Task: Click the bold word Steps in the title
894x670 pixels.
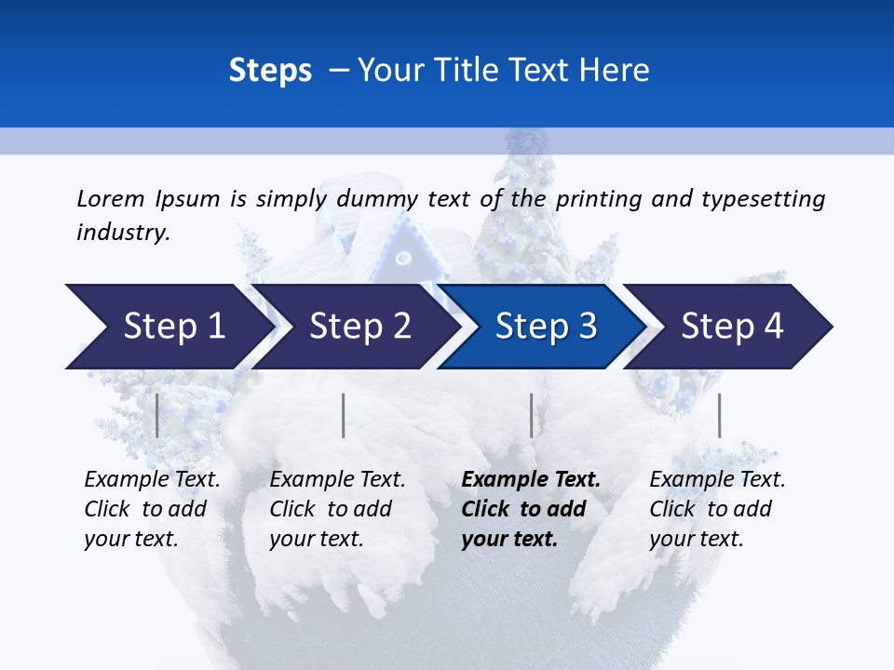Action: pos(270,71)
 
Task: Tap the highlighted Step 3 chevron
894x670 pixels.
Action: pos(546,326)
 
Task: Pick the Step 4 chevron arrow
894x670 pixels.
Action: pos(732,326)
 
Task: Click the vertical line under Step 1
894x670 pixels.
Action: pos(156,415)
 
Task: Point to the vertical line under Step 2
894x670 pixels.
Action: pos(344,415)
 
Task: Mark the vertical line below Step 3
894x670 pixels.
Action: pos(531,415)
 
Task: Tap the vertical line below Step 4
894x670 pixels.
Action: pos(719,415)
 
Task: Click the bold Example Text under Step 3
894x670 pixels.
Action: pos(531,480)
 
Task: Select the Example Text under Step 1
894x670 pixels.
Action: pos(152,480)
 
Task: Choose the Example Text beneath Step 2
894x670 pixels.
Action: pos(337,480)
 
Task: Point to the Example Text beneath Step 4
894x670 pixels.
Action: pos(717,480)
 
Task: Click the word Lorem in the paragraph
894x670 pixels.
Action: pos(110,199)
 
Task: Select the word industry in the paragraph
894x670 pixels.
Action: pos(121,233)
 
